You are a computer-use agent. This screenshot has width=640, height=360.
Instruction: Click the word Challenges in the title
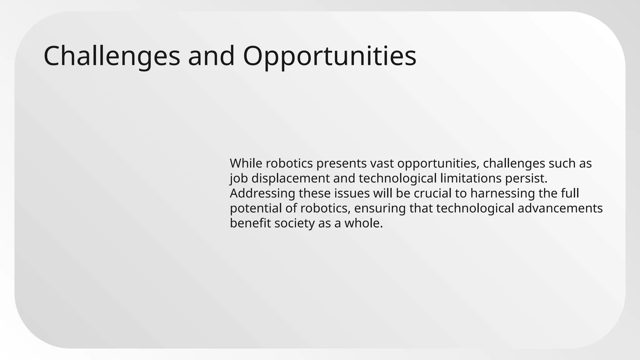[112, 56]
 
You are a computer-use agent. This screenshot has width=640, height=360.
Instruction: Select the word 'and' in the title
[211, 56]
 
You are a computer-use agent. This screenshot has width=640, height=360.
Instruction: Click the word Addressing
[262, 193]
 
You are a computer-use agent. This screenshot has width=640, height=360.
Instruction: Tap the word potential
[256, 208]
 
